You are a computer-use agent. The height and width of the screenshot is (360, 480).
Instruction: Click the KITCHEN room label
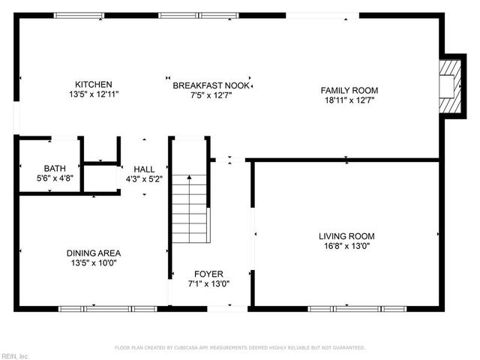(94, 85)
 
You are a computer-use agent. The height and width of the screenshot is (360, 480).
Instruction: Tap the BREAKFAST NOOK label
(210, 85)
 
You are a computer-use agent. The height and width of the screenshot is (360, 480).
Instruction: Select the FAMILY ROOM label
(349, 89)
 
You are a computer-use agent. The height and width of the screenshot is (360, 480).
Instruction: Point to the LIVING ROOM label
(346, 235)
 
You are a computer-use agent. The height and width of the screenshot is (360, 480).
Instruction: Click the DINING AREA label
(94, 253)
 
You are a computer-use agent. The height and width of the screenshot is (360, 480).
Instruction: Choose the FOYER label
(208, 274)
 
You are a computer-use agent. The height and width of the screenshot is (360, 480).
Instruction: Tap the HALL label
(144, 169)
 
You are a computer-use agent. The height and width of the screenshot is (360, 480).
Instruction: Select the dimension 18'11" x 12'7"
(349, 99)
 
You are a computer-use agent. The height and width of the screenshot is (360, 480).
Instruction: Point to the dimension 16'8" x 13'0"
(346, 245)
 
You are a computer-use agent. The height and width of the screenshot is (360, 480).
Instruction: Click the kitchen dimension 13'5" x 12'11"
(94, 94)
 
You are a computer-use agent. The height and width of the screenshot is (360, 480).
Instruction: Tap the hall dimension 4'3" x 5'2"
(144, 179)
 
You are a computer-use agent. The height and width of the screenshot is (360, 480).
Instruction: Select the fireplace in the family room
(449, 87)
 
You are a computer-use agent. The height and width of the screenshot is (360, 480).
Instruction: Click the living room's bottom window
(346, 308)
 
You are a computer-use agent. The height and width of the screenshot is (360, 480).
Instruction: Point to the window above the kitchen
(79, 15)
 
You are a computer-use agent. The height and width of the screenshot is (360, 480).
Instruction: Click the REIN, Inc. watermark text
(14, 355)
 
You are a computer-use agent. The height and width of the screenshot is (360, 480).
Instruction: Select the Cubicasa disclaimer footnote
(239, 347)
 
